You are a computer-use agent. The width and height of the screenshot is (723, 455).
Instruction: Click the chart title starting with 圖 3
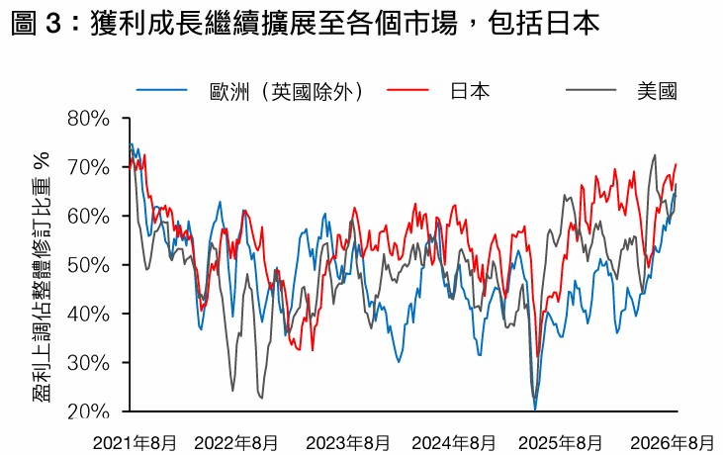coord(306,23)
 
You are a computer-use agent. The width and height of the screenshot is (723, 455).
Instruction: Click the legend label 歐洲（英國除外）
coord(287,91)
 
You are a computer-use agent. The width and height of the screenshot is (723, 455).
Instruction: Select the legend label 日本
coord(470,91)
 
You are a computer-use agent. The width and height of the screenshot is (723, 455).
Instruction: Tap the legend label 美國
coord(657,91)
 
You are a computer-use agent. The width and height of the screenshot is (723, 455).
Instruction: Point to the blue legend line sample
coord(162,90)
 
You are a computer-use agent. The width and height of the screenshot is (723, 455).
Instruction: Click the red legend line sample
coord(407,90)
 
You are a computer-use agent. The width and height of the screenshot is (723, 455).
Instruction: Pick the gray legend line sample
coord(591,90)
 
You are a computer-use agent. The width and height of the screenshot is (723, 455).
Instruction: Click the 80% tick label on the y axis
coord(89,119)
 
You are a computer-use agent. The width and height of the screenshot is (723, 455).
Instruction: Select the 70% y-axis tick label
coord(89,167)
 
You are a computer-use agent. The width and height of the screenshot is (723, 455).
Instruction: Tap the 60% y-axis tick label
coord(89,217)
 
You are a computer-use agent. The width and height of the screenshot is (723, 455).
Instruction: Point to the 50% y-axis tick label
coord(89,265)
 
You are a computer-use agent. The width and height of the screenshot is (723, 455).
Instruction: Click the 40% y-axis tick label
coord(89,314)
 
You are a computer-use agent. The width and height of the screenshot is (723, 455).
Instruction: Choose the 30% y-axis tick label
coord(89,363)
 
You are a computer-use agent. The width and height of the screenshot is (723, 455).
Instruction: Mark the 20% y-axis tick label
coord(89,411)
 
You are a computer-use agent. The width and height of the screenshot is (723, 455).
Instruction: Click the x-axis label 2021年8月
coord(135,443)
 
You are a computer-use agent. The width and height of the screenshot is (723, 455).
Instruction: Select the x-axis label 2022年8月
coord(236,443)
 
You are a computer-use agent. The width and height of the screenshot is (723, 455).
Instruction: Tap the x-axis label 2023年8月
coord(348,443)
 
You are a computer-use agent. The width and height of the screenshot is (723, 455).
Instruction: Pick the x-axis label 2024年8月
coord(454,443)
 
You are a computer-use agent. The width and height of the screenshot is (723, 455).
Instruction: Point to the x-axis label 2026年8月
coord(673,443)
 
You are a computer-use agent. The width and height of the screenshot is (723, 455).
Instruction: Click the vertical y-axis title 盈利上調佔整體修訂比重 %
coord(42,277)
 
